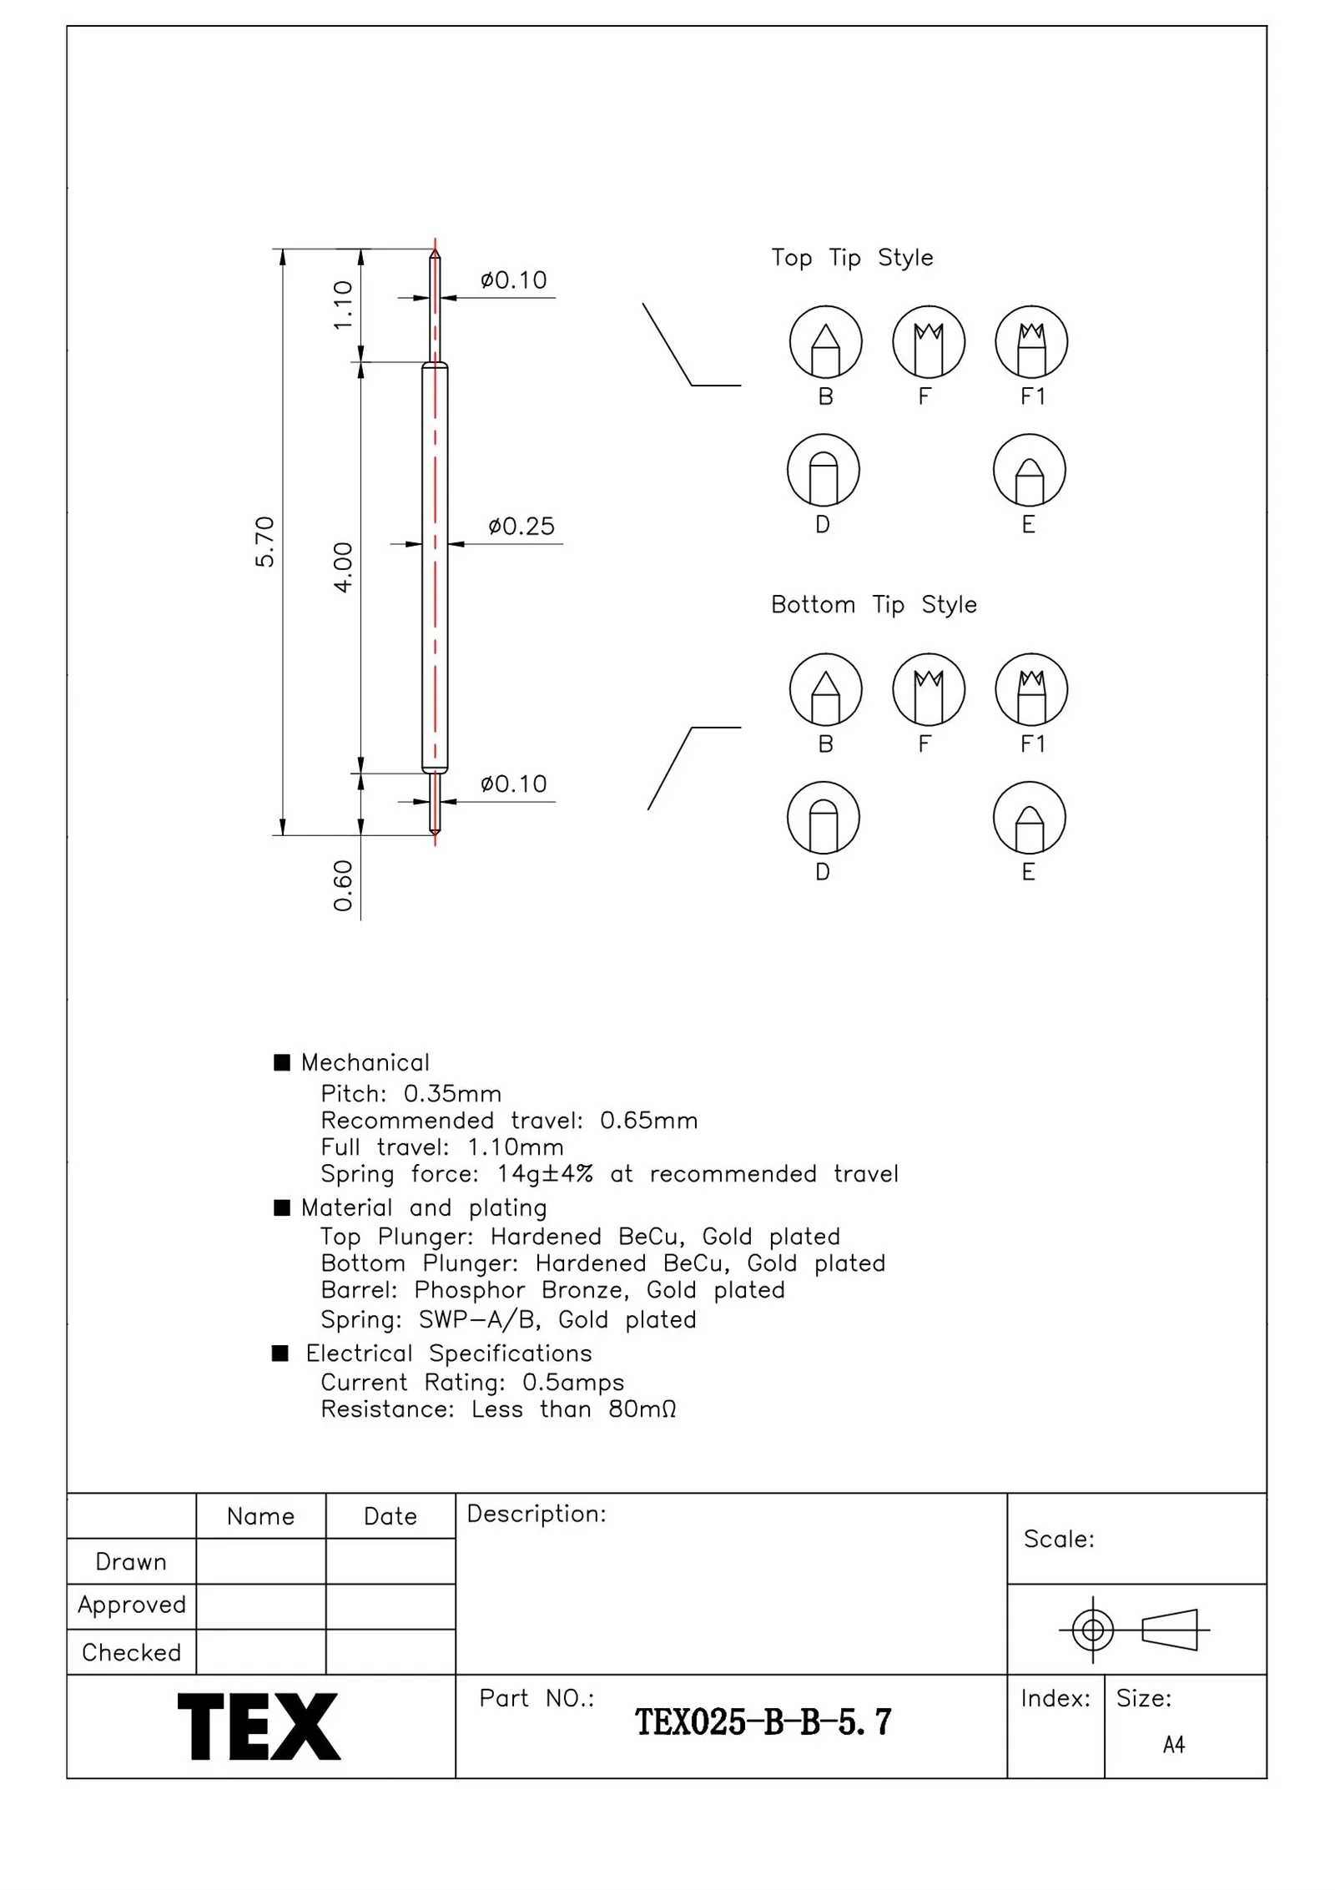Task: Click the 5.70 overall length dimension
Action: coord(264,542)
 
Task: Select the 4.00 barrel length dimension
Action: coord(343,567)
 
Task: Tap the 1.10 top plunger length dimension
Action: coord(343,305)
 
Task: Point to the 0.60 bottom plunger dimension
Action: coord(343,885)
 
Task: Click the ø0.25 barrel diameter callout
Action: coord(521,527)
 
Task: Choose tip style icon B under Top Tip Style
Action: coord(825,342)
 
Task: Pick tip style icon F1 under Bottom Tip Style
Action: coord(1031,689)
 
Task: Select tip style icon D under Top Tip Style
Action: coord(823,471)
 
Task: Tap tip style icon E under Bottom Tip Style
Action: coord(1029,818)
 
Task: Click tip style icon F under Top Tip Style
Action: coord(928,342)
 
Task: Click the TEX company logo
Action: coord(259,1726)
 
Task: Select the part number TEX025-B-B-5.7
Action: coord(763,1722)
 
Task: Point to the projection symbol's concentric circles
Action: coord(1092,1630)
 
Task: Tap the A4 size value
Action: coord(1173,1744)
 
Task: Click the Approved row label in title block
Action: coord(131,1605)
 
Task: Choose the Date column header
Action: coord(390,1516)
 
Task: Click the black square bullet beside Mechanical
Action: coord(282,1062)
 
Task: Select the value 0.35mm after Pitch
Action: coord(452,1094)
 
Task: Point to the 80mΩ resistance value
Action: coord(642,1409)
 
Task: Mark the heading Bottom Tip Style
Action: coord(873,605)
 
